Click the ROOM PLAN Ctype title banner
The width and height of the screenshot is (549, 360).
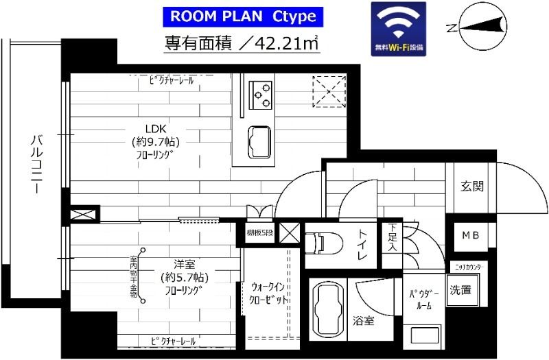[x=242, y=15]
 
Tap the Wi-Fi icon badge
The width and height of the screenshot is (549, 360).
[x=398, y=28]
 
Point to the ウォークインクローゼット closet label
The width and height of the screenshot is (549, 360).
[x=268, y=294]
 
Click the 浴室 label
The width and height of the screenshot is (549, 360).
[x=363, y=320]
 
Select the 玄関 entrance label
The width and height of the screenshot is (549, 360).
[x=471, y=187]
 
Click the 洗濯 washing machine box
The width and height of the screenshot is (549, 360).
[x=460, y=289]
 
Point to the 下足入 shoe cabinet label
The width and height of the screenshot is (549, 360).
[x=392, y=237]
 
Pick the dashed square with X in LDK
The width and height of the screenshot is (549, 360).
[x=329, y=92]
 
